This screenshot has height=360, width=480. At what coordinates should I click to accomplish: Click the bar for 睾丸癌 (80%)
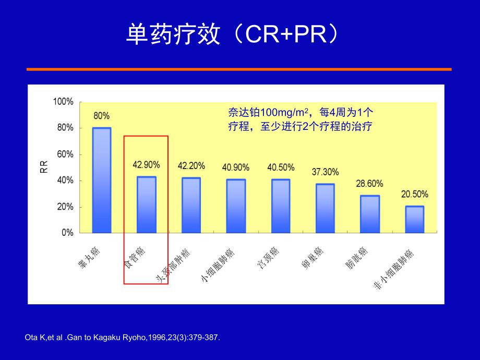[x=102, y=180]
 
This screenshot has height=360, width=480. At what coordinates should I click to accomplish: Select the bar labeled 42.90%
[x=146, y=205]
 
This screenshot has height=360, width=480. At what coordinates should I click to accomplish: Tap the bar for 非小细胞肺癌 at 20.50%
[x=414, y=219]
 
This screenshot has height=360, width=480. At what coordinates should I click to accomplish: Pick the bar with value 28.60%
[x=370, y=214]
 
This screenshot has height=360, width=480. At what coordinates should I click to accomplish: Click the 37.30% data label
[x=325, y=172]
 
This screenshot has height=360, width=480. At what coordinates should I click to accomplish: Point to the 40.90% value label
[x=236, y=167]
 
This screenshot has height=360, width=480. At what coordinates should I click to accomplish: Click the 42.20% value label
[x=191, y=166]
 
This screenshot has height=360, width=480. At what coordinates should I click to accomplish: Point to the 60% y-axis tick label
[x=65, y=154]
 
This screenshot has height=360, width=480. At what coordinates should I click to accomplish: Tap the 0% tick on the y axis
[x=67, y=233]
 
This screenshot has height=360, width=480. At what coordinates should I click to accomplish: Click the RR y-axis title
[x=44, y=166]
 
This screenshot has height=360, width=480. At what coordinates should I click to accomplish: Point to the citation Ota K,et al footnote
[x=122, y=338]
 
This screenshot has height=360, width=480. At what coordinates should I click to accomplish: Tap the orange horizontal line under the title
[x=239, y=69]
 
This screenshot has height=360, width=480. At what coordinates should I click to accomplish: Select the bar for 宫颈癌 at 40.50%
[x=281, y=206]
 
